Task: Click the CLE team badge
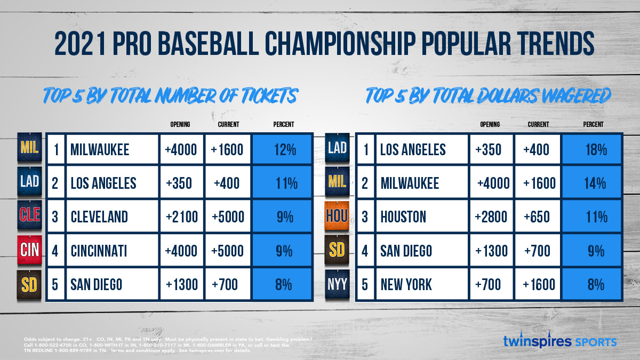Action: coord(30,216)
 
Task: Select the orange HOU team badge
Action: coord(338,216)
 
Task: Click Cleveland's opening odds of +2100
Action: coord(182,217)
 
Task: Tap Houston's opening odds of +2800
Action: coord(491,217)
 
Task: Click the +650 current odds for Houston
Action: coord(536,217)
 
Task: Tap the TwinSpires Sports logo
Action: coord(559,341)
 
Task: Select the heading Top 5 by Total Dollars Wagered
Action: coord(487,96)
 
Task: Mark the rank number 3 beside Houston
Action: coord(366,217)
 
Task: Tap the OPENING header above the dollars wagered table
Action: coord(490,124)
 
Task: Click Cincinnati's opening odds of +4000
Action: coord(182,250)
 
